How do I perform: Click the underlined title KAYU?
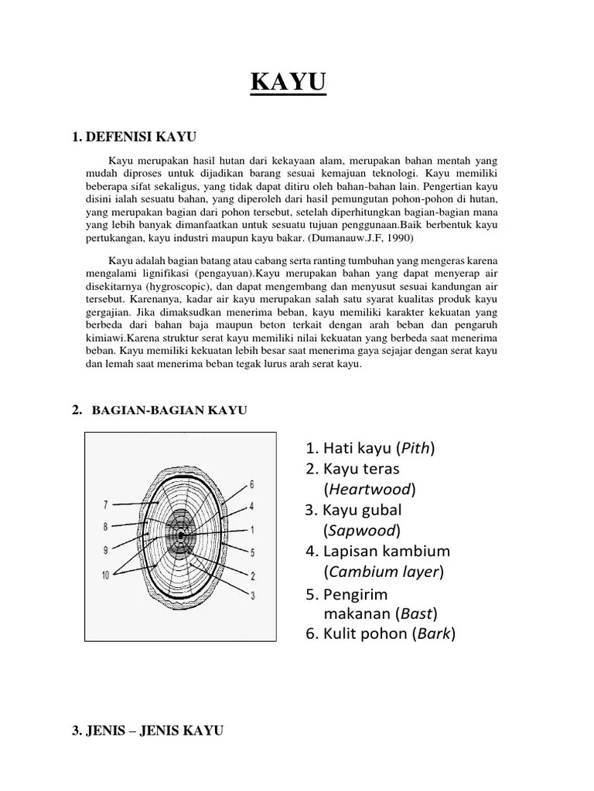[288, 83]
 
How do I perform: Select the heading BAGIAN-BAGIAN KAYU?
[169, 410]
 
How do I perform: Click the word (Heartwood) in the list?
[370, 489]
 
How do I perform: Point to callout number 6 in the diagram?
[251, 484]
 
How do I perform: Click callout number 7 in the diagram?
[105, 505]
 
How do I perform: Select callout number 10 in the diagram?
[106, 575]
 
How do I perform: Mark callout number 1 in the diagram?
[251, 530]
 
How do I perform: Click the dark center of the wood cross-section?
[180, 535]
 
